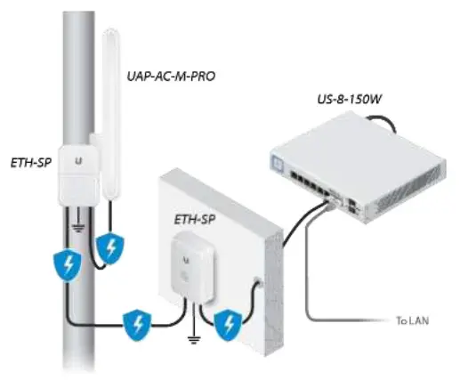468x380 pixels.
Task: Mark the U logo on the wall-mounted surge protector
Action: [x=188, y=257]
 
